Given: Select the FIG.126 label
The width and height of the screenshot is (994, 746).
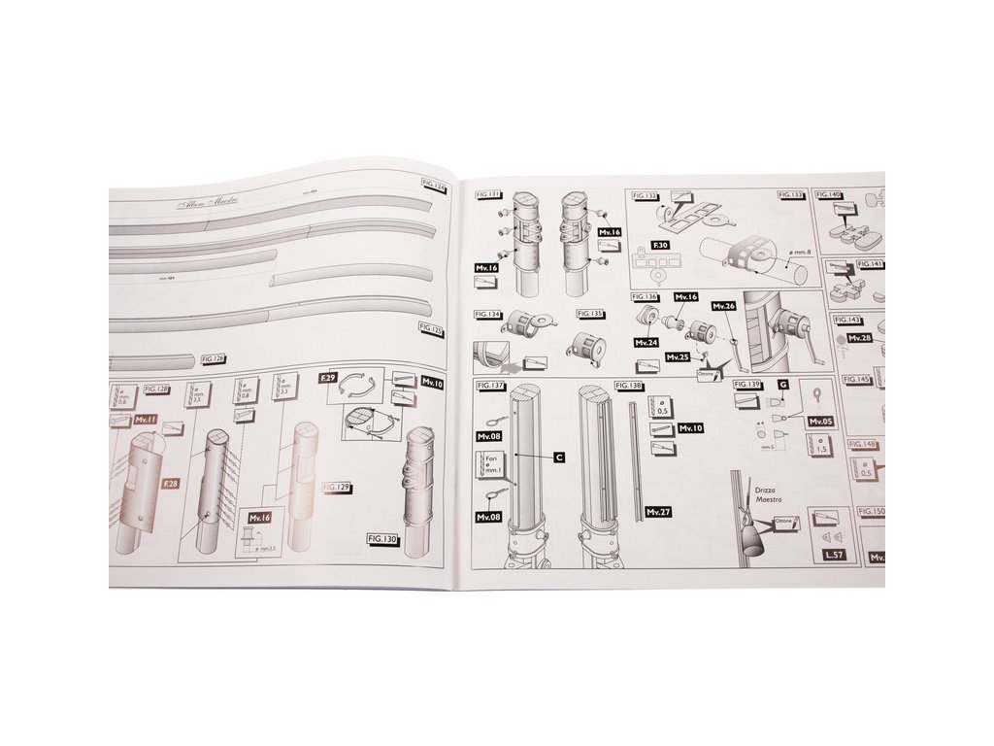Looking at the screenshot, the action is (x=214, y=359).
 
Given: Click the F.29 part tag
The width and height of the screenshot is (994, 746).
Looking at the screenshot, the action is (x=328, y=375).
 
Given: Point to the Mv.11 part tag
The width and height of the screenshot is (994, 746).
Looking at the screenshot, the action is (x=146, y=420).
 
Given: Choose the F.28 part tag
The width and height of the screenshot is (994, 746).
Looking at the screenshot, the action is (x=171, y=483).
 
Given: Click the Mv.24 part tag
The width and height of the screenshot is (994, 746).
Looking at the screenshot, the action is (x=646, y=342).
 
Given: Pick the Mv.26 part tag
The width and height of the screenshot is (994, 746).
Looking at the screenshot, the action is (x=724, y=306).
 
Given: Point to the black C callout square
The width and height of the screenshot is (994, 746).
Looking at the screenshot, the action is (x=559, y=456).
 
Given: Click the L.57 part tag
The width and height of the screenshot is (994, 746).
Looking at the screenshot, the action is (x=831, y=554).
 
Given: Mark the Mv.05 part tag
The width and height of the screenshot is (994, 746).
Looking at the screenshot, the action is (x=820, y=421).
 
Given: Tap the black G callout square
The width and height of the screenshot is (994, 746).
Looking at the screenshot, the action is (x=782, y=386).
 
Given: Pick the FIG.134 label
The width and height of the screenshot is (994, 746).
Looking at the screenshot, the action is (x=488, y=315).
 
